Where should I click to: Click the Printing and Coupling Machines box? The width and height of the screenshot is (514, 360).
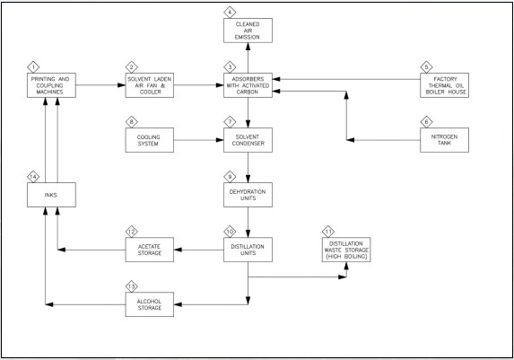[x=51, y=85]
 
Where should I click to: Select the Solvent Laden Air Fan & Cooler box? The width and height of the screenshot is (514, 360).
[x=150, y=85]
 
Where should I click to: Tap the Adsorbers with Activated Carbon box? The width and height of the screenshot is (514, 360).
[x=248, y=85]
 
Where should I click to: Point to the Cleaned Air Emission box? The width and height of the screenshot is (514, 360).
[x=248, y=31]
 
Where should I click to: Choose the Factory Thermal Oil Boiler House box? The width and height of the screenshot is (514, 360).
[x=445, y=85]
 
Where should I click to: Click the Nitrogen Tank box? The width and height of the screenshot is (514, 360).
[x=445, y=140]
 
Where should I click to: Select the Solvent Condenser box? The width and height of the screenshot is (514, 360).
[x=248, y=140]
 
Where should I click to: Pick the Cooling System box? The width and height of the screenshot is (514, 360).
[x=150, y=140]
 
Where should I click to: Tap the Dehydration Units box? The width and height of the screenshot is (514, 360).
[x=248, y=195]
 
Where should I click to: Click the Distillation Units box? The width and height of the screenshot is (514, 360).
[x=248, y=250]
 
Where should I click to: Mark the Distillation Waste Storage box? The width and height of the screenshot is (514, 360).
[x=346, y=250]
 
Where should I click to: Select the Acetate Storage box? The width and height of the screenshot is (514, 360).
[x=150, y=250]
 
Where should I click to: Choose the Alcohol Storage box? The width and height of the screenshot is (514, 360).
[x=150, y=304]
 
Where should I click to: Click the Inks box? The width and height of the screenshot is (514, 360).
[x=51, y=195]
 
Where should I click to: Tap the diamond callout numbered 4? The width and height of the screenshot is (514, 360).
[x=230, y=13]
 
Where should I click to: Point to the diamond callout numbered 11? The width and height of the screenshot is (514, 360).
[x=328, y=232]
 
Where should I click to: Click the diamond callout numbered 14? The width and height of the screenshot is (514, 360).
[x=33, y=177]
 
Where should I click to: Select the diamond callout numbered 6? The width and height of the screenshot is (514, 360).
[x=426, y=122]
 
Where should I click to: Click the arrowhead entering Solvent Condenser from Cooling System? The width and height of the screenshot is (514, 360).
[x=220, y=140]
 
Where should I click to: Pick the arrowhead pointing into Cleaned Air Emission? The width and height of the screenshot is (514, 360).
[x=248, y=47]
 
